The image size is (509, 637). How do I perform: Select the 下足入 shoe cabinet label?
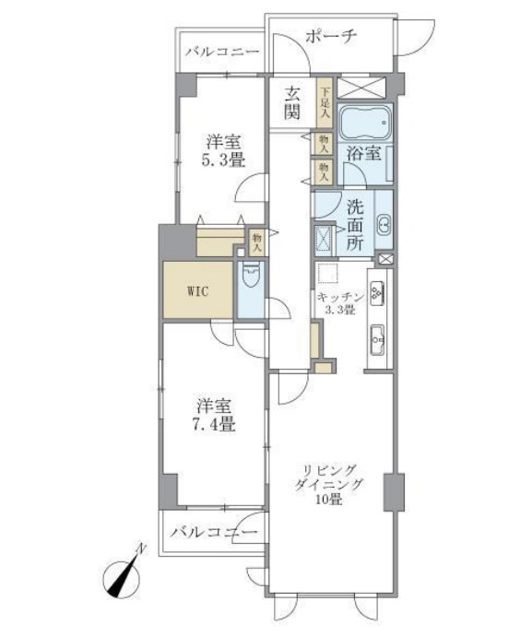coord(324,103)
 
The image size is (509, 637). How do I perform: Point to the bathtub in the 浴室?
coord(365,122)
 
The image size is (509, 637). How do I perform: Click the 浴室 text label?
coord(362,155)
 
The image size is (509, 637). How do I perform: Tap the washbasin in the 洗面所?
coord(385,223)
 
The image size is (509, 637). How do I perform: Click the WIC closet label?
coord(197,291)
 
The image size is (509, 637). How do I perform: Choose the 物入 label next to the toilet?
coord(257,242)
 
